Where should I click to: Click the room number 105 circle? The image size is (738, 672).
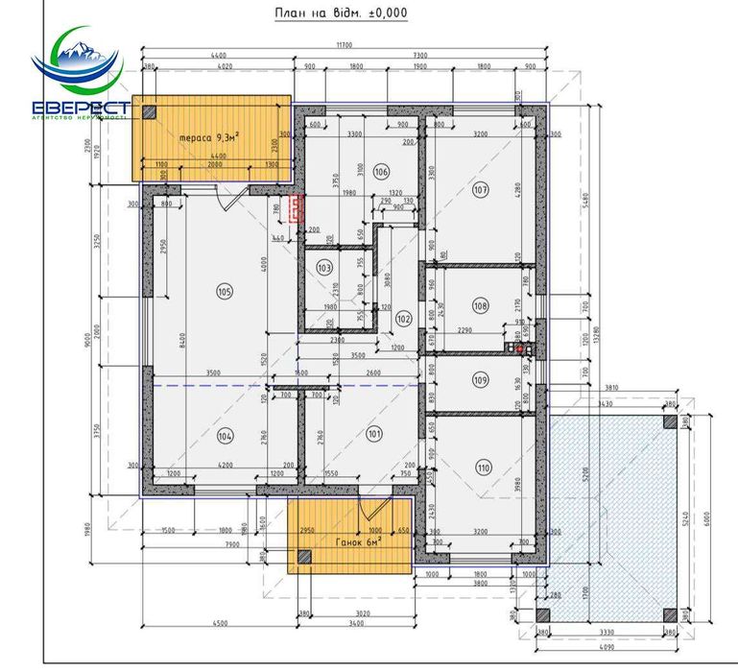pos(226,292)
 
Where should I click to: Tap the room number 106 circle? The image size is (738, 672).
pos(382,172)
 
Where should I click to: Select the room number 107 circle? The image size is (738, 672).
pos(481,190)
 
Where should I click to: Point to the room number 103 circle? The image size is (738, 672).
pos(324,268)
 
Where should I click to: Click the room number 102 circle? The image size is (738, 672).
pos(403,318)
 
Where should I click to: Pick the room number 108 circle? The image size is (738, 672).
pos(481,305)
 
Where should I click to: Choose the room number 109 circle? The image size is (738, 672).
pos(481,379)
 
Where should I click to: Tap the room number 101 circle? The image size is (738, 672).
pos(373,433)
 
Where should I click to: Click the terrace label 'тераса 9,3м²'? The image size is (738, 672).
pos(209,137)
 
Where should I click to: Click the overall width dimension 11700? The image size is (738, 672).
pos(345,45)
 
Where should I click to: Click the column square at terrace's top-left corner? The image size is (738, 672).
pos(149,111)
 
